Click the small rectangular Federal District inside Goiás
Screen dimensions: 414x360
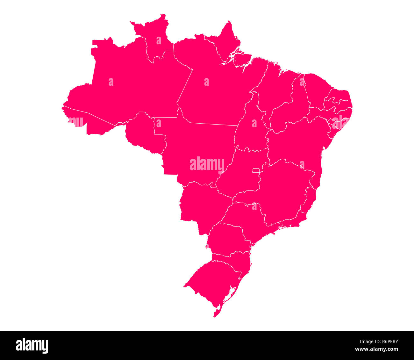(x=256, y=170)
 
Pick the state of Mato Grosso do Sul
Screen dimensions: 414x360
(x=204, y=204)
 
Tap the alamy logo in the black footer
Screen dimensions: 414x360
(x=32, y=346)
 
